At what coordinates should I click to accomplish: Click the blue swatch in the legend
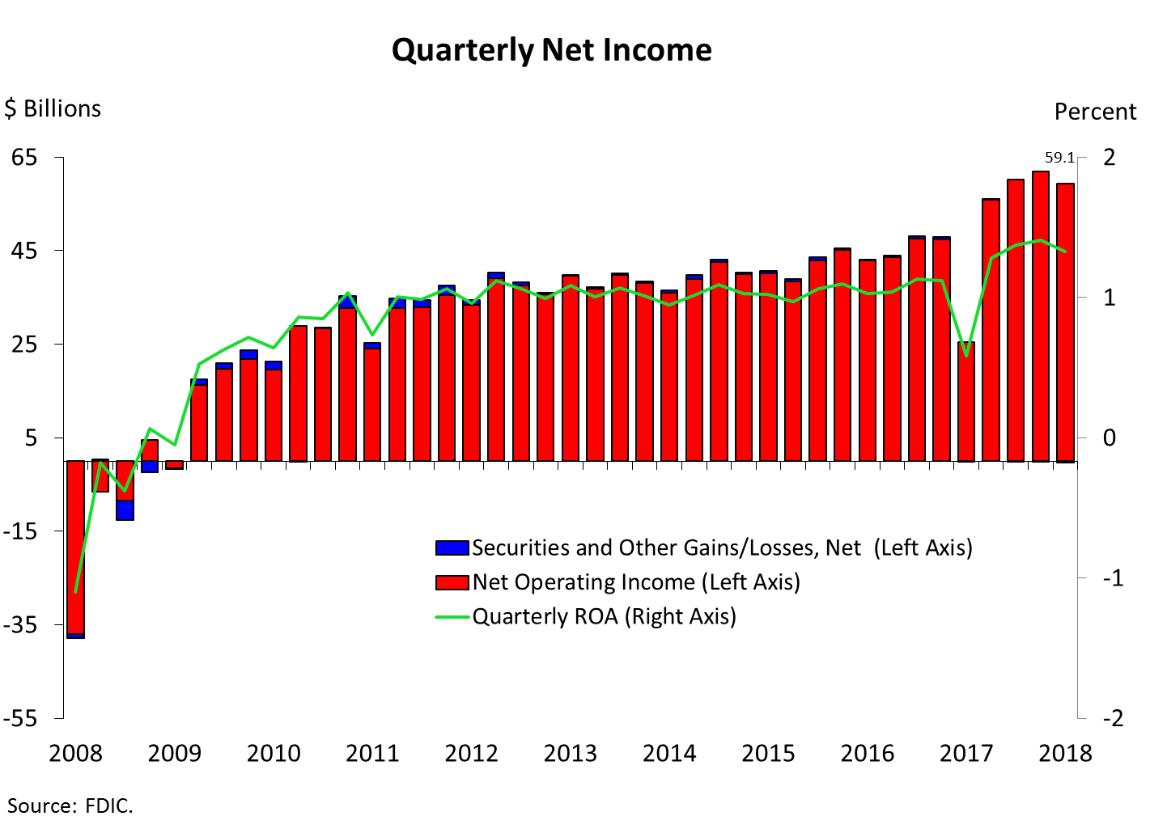click(452, 548)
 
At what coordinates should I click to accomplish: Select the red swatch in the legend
click(452, 582)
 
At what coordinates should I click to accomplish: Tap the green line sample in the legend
click(452, 617)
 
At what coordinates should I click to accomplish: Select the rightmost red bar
click(1065, 323)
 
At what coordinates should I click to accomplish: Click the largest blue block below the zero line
click(125, 510)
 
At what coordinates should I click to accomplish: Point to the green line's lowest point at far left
click(75, 591)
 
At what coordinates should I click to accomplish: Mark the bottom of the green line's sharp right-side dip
click(966, 355)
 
